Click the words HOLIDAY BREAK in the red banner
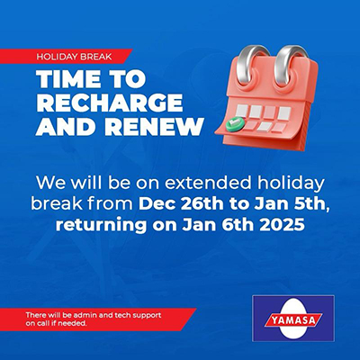pyautogui.click(x=74, y=57)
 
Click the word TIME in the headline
pyautogui.click(x=68, y=79)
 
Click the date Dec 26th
pyautogui.click(x=181, y=204)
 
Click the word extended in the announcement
pyautogui.click(x=208, y=184)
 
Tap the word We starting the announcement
pyautogui.click(x=50, y=184)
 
